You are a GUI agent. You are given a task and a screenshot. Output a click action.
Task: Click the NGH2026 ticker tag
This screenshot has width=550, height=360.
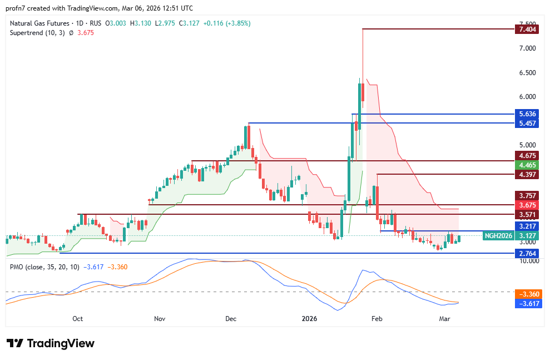point(498,235)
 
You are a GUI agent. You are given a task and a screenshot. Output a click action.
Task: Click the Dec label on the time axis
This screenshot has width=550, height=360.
point(231,319)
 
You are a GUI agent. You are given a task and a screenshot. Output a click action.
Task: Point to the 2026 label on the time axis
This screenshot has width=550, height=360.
point(309,319)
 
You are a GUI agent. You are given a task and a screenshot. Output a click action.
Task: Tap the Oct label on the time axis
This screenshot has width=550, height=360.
point(78,319)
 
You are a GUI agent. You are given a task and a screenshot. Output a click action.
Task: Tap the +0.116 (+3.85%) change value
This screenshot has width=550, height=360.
point(227,23)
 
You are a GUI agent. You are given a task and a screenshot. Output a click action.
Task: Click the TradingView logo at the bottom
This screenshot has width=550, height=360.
point(51,343)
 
